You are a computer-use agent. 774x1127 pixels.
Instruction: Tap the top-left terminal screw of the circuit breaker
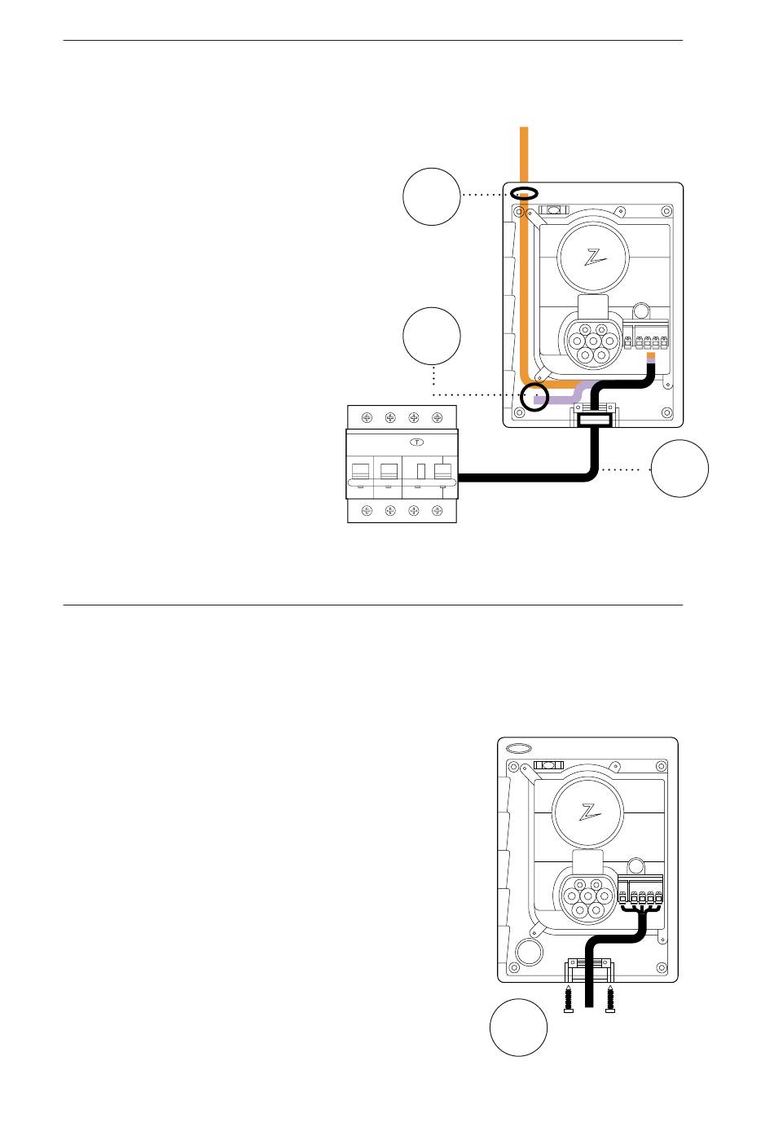(367, 418)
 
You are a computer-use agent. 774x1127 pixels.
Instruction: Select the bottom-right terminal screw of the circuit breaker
(438, 511)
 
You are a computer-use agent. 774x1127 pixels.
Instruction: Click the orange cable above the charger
(525, 155)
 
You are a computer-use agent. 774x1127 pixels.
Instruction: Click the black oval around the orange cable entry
(525, 194)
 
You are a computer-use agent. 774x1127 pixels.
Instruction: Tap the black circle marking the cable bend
(535, 397)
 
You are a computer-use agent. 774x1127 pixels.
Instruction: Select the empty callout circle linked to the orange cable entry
(432, 196)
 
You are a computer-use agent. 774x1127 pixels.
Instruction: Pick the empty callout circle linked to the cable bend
(432, 336)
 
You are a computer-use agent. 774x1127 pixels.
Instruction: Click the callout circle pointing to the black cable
(679, 469)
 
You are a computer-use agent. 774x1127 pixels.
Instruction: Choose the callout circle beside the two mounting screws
(518, 1027)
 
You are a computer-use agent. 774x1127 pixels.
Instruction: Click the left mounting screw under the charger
(569, 998)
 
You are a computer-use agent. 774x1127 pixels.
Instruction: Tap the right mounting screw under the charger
(610, 998)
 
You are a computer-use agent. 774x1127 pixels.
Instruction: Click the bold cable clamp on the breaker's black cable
(594, 420)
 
